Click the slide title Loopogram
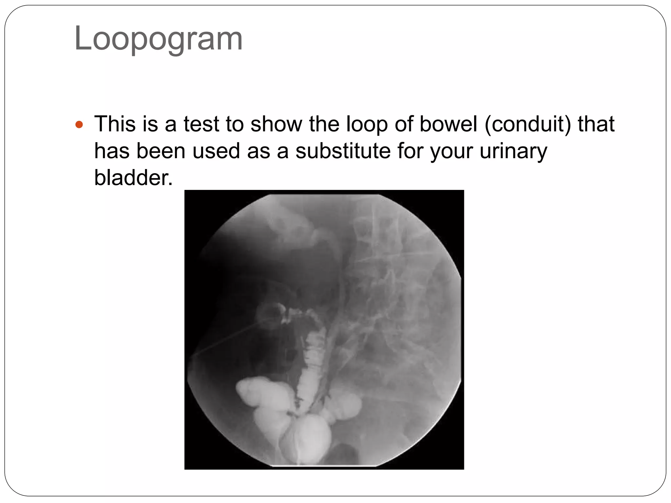point(158,39)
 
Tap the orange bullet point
point(79,125)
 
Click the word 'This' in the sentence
point(115,124)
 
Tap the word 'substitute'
point(343,151)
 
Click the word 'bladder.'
point(133,178)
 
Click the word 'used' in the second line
point(216,151)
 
